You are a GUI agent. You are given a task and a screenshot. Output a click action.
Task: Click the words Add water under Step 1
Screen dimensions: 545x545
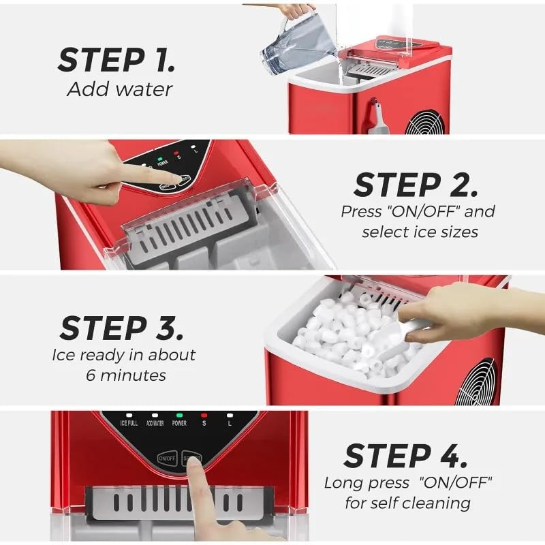119,90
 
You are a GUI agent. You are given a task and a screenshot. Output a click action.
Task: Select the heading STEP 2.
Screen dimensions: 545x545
416,185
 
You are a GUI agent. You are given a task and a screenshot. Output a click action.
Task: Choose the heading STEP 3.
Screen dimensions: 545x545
121,328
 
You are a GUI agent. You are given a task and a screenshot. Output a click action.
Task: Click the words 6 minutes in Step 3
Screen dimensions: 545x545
125,375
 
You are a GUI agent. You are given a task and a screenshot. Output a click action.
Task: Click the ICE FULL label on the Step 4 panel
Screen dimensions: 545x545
129,423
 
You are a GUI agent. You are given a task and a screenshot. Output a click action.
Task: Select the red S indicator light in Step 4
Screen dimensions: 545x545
204,415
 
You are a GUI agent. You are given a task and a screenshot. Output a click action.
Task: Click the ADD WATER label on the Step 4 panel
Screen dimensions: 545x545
154,423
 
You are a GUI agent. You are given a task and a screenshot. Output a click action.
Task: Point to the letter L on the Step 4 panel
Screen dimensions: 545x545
230,423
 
